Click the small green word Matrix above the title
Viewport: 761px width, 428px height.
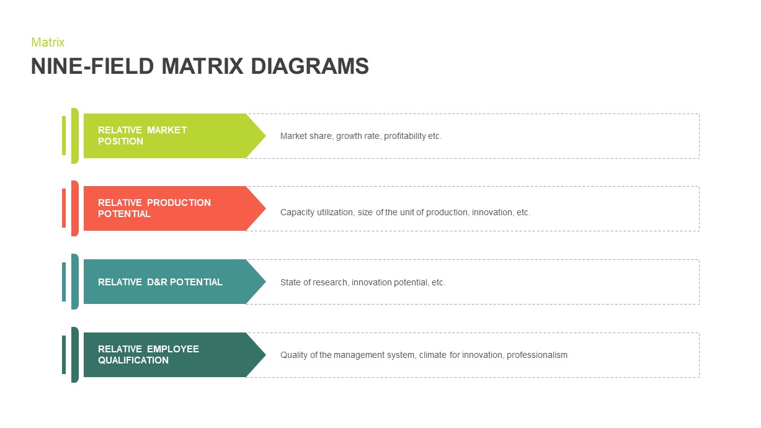coord(48,42)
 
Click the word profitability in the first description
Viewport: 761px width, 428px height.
coord(404,136)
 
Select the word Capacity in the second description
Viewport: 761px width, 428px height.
coord(297,212)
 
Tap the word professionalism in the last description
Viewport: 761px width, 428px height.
coord(537,355)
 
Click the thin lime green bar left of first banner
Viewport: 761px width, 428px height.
coord(64,135)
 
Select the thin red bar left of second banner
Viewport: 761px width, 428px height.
coord(64,208)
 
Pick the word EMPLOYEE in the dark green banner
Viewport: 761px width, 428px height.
coord(173,349)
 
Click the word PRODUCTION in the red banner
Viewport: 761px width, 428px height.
coord(179,203)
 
